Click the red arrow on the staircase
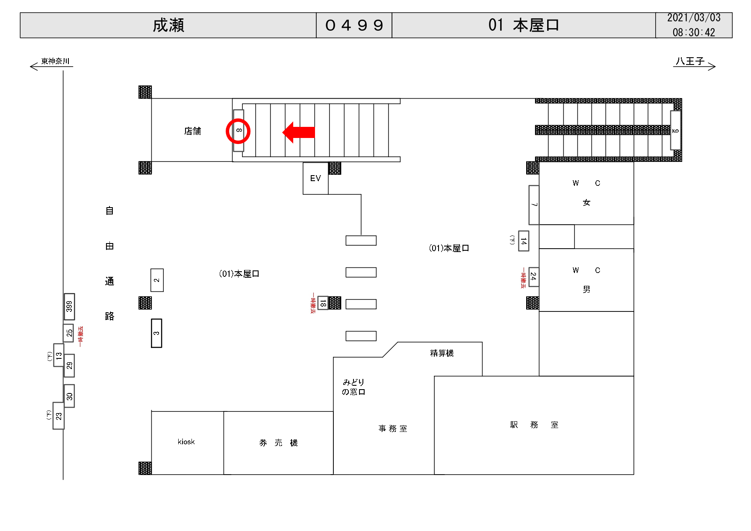pyautogui.click(x=299, y=132)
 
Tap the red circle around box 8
pyautogui.click(x=238, y=131)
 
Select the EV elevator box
pyautogui.click(x=315, y=178)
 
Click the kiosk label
pyautogui.click(x=186, y=442)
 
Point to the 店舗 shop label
pyautogui.click(x=192, y=131)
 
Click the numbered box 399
pyautogui.click(x=69, y=306)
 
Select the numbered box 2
pyautogui.click(x=157, y=280)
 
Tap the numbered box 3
pyautogui.click(x=156, y=333)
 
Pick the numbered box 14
pyautogui.click(x=524, y=241)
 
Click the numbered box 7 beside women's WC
pyautogui.click(x=534, y=205)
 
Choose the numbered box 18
pyautogui.click(x=323, y=303)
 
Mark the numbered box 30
pyautogui.click(x=69, y=396)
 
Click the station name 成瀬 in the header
pyautogui.click(x=168, y=25)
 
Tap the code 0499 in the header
pyautogui.click(x=354, y=25)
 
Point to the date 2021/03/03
pyautogui.click(x=694, y=18)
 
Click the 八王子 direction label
pyautogui.click(x=690, y=62)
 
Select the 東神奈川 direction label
pyautogui.click(x=55, y=61)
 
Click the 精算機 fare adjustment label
pyautogui.click(x=442, y=353)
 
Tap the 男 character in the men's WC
pyautogui.click(x=586, y=290)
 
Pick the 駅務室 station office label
pyautogui.click(x=534, y=425)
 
